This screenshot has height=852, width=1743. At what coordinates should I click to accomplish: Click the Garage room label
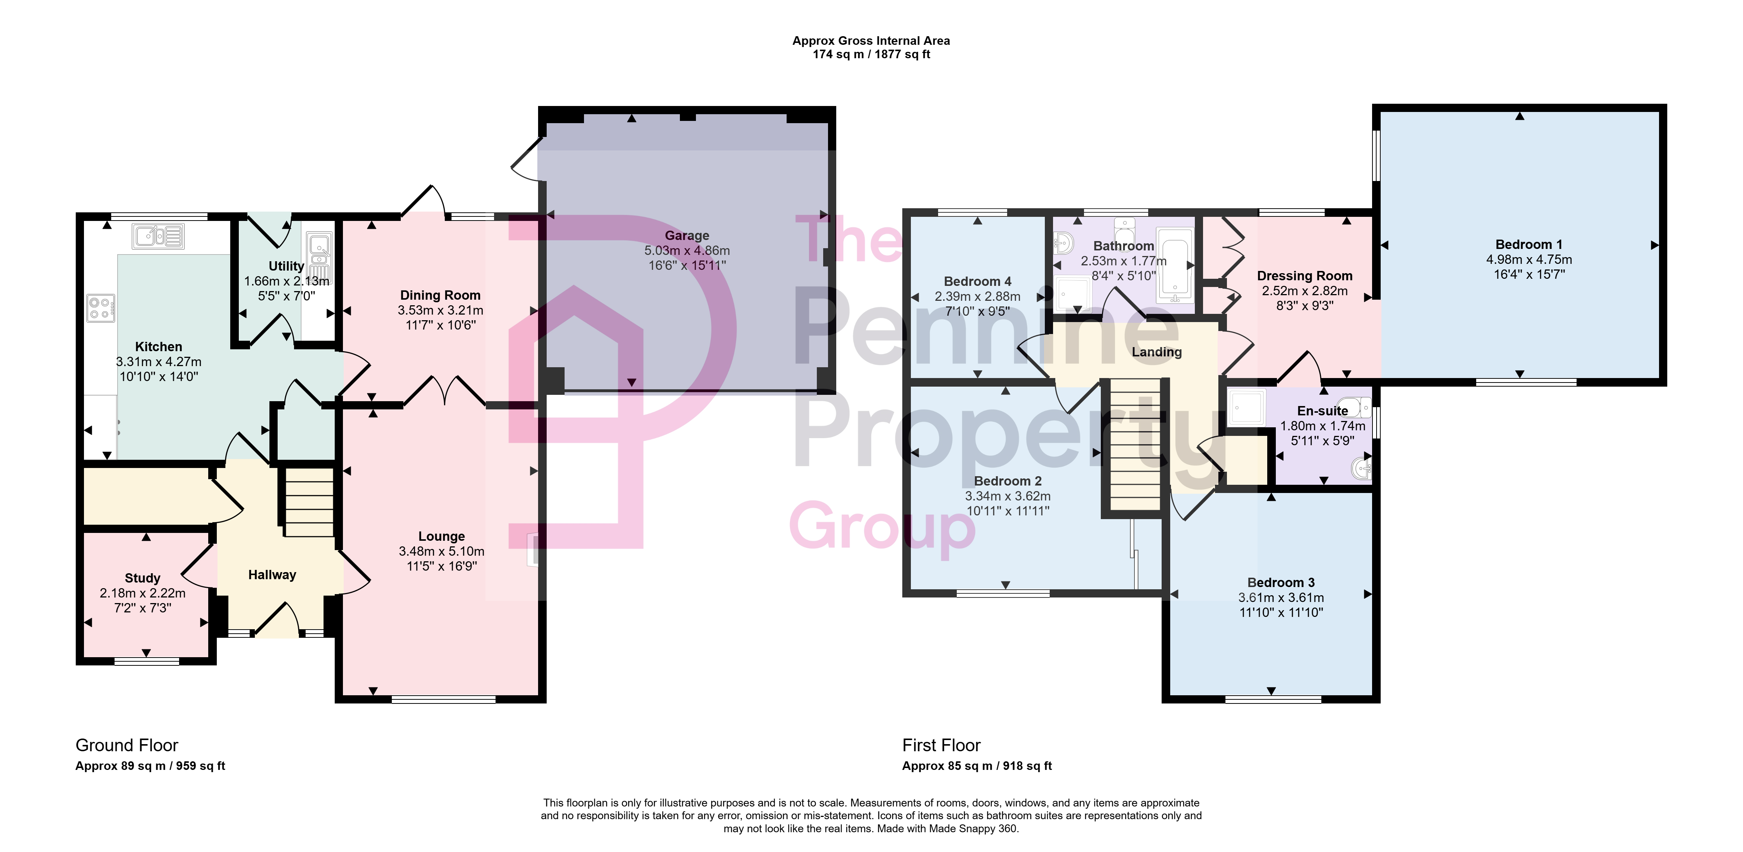(687, 235)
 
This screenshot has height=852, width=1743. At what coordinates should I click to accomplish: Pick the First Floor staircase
(1136, 444)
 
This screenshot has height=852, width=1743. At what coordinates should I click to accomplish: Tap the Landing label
(1156, 352)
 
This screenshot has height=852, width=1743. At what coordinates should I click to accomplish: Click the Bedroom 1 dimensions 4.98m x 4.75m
(1528, 259)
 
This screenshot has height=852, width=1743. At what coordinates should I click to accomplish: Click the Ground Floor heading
(126, 745)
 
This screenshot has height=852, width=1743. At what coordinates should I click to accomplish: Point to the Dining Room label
(440, 295)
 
